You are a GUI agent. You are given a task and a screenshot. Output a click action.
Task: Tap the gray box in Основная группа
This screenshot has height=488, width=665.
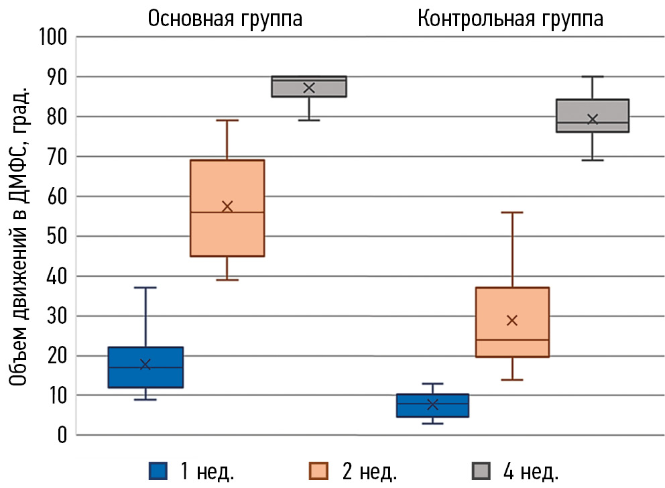(309, 86)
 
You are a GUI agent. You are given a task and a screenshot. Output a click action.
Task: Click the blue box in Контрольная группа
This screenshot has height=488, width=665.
(432, 406)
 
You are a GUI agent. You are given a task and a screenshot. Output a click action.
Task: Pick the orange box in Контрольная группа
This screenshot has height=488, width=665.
(512, 322)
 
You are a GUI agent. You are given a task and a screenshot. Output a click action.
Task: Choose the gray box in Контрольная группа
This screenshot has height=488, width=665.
(593, 115)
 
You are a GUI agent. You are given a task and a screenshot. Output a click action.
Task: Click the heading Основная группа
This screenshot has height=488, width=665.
(225, 18)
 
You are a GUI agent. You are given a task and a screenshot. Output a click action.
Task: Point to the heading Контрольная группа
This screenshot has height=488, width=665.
(510, 18)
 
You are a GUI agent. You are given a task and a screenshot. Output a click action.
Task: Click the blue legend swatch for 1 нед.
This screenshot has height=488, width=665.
(158, 470)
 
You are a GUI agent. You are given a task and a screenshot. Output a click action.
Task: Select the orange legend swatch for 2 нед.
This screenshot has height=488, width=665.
(318, 470)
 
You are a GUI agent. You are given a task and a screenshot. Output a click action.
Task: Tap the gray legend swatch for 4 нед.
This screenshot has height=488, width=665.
(480, 470)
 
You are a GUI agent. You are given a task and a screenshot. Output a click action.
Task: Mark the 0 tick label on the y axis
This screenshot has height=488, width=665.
(62, 435)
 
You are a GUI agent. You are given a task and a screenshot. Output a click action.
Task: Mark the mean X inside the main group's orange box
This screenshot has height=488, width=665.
(227, 206)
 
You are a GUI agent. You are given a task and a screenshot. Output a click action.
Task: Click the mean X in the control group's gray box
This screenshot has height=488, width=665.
(593, 119)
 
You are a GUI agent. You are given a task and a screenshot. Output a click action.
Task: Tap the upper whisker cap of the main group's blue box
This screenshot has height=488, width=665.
(145, 288)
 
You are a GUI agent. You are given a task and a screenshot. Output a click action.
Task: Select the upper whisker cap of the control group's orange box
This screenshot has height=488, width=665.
(512, 212)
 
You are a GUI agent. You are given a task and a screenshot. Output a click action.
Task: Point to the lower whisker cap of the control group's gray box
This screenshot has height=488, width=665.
(593, 160)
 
